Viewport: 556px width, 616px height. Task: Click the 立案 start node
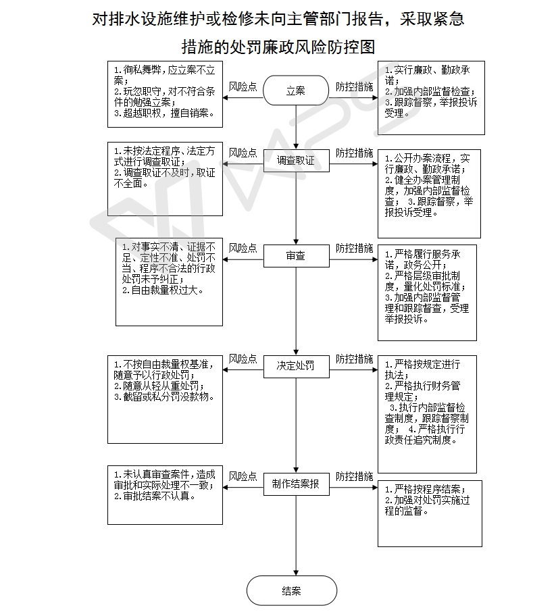(296, 91)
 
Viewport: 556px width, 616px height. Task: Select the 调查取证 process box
(297, 160)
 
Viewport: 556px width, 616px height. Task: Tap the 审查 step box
(297, 256)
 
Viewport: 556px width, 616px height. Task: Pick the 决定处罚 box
(297, 367)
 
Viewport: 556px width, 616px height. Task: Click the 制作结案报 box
(297, 484)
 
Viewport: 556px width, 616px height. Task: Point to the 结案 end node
(292, 590)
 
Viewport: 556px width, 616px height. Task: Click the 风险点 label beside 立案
(243, 86)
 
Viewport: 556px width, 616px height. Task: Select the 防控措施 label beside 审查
(354, 249)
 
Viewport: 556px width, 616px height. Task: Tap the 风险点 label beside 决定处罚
(243, 359)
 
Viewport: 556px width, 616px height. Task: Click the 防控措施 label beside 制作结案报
(354, 477)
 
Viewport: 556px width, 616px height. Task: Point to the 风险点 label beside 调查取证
(243, 153)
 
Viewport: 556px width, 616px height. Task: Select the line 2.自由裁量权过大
(163, 290)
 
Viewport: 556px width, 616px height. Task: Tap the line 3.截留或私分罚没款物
(165, 396)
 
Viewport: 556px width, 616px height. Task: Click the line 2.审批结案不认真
(155, 496)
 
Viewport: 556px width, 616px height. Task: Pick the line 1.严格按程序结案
(425, 489)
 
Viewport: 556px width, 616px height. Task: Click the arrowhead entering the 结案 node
(297, 573)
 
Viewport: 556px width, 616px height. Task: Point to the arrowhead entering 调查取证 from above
(297, 146)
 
